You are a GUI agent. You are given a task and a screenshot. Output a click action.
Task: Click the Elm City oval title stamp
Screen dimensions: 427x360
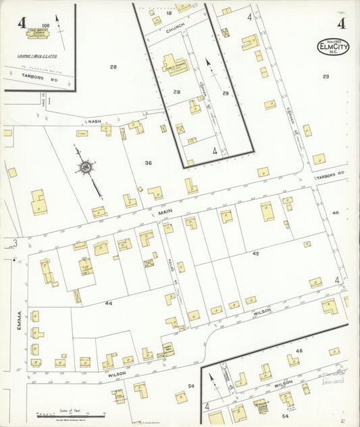[x=333, y=47]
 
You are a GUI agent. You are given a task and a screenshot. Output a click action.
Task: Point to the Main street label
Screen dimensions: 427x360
[x=167, y=212]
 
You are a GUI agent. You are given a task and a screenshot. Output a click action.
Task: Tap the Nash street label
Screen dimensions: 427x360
[x=94, y=122]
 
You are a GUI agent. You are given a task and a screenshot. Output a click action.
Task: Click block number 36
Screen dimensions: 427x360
[x=147, y=163]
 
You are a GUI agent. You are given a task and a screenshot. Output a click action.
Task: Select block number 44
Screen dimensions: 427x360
[x=108, y=303]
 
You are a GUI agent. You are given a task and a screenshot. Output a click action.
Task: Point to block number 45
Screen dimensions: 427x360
[x=255, y=253]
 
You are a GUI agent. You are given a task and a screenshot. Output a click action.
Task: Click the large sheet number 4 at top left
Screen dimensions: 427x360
[x=22, y=22]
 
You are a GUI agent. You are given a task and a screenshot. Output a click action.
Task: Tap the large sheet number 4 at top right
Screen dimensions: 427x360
[x=342, y=24]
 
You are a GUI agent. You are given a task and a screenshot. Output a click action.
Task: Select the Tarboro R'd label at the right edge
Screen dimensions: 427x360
[x=331, y=174]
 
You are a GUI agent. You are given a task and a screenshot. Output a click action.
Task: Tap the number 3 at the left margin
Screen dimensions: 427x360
[x=14, y=243]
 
